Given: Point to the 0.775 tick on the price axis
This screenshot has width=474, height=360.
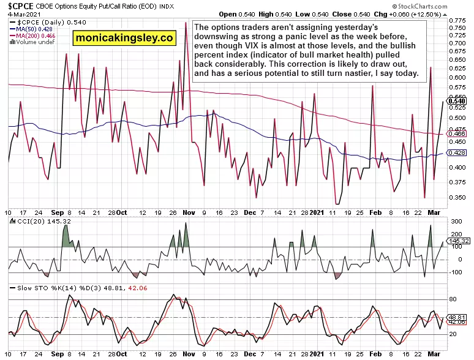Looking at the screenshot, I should pyautogui.click(x=457, y=20).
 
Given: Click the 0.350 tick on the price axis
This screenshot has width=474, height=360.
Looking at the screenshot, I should pyautogui.click(x=457, y=198).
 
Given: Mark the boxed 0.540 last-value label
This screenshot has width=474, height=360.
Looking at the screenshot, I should pyautogui.click(x=457, y=101).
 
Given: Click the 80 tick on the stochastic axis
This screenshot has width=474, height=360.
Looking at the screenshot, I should pyautogui.click(x=454, y=299).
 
